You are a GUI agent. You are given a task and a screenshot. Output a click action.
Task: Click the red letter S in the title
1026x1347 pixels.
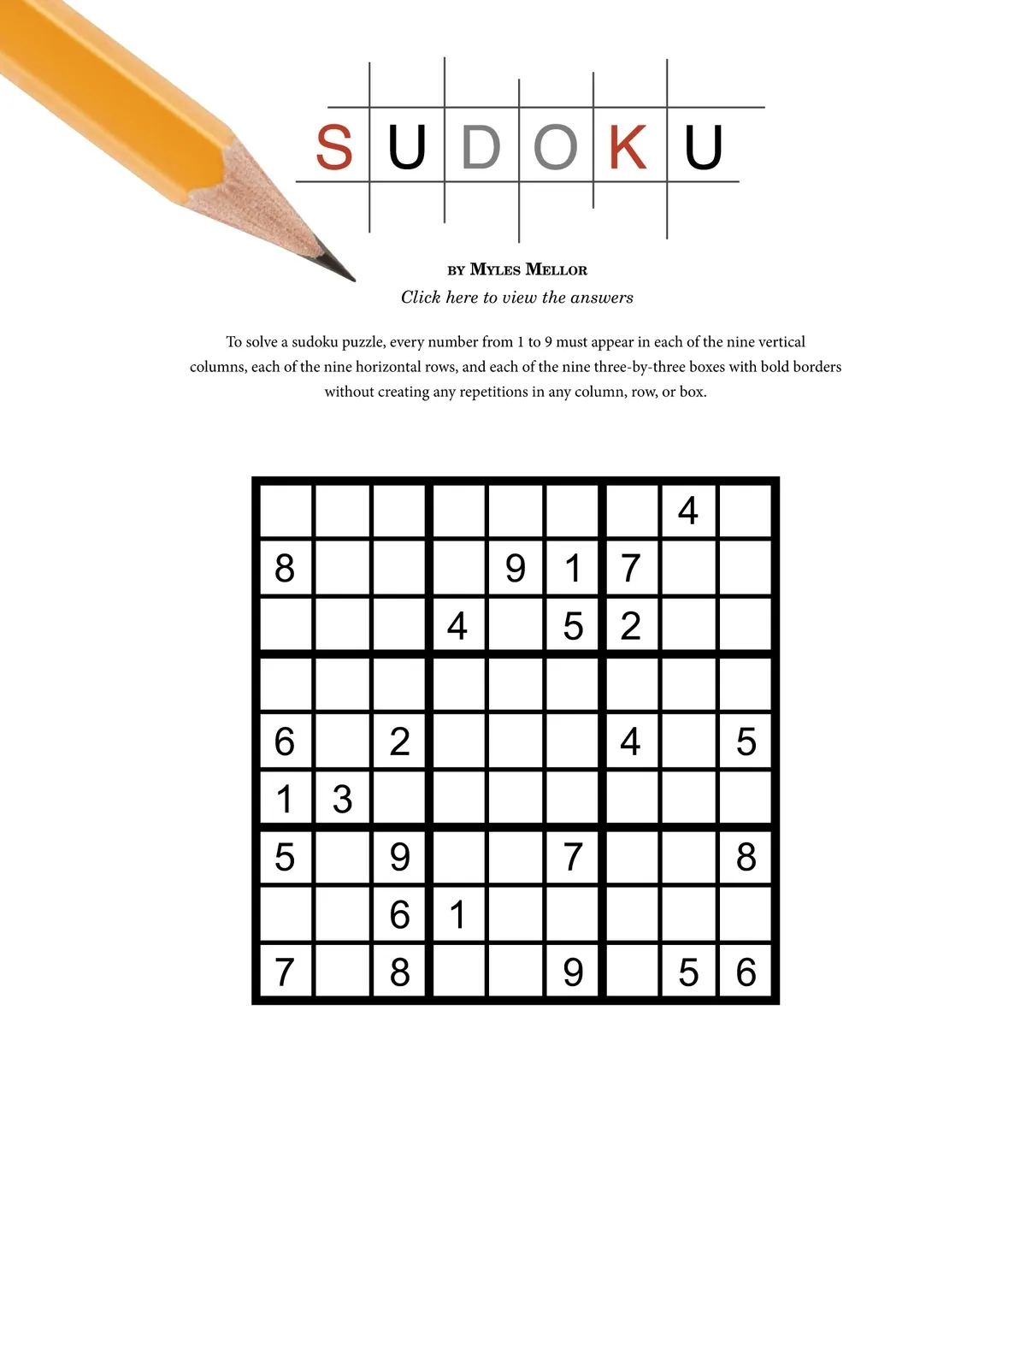point(333,147)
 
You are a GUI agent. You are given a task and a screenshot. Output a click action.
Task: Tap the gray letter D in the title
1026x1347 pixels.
point(481,147)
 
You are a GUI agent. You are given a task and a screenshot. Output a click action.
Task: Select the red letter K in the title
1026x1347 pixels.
point(628,147)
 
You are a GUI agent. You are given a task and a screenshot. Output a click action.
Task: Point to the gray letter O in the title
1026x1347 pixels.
point(556,147)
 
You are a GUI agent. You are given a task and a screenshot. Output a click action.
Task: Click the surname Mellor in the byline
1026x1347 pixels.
point(556,269)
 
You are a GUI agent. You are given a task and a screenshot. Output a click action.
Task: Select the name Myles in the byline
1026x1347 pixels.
point(495,269)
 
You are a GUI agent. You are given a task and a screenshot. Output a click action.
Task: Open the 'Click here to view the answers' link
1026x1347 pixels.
point(517,298)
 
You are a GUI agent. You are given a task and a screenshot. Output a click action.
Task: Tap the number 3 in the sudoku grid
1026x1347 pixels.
point(342,800)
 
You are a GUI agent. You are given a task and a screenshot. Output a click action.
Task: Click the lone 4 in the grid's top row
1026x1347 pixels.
point(687,511)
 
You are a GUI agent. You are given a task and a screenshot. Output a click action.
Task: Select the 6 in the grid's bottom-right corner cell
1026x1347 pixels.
point(746,972)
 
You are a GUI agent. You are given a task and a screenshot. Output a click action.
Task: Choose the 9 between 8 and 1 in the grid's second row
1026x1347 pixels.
point(515,569)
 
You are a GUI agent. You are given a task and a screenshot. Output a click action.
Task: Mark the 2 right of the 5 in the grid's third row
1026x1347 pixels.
point(630,626)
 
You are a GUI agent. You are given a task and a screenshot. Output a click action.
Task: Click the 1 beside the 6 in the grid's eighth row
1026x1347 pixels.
point(457,915)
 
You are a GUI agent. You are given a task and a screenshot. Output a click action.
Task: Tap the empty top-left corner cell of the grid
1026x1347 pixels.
point(285,511)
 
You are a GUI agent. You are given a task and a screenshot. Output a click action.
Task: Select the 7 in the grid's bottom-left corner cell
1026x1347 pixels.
point(285,972)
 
